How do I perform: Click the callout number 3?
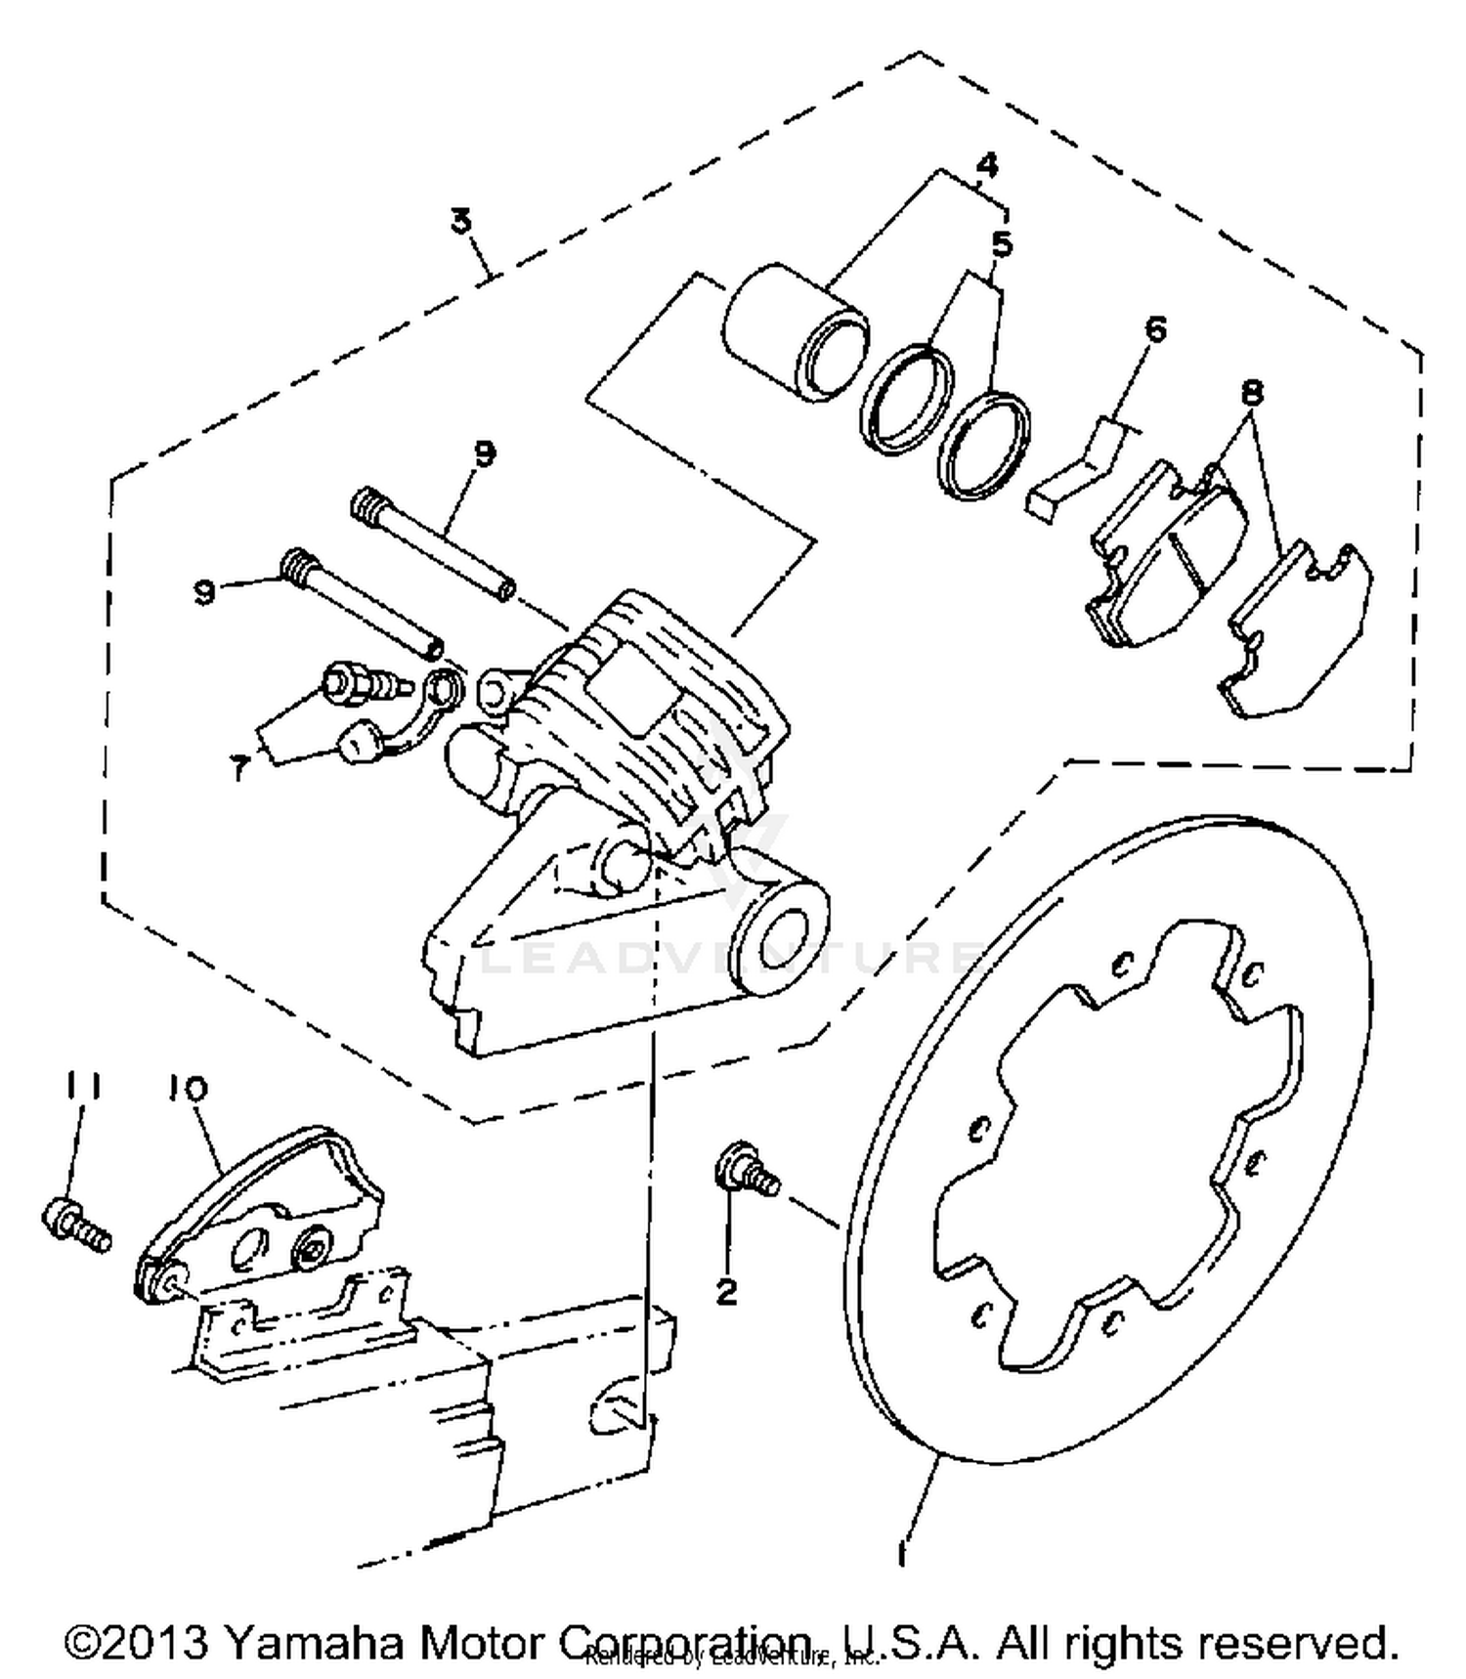[x=461, y=221]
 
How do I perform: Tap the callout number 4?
[x=987, y=165]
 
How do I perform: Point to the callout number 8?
[x=1252, y=392]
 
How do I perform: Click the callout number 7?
[x=239, y=769]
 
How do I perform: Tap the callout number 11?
[x=84, y=1086]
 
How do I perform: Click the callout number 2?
[x=726, y=1293]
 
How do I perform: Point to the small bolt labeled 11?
[x=74, y=1226]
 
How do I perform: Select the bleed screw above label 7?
[x=362, y=681]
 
